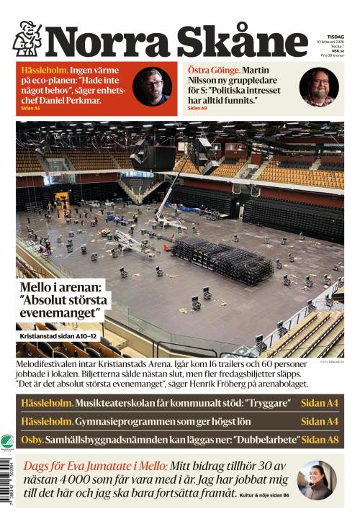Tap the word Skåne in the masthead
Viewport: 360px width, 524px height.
click(242, 41)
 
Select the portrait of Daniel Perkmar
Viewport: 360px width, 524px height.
click(152, 87)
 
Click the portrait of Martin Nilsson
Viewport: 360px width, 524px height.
click(319, 87)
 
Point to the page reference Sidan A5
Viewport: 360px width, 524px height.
click(31, 108)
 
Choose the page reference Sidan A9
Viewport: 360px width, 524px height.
click(197, 108)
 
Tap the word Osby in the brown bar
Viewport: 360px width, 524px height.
click(32, 439)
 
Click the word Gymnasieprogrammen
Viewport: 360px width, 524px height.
click(124, 421)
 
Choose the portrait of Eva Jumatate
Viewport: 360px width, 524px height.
click(316, 480)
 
